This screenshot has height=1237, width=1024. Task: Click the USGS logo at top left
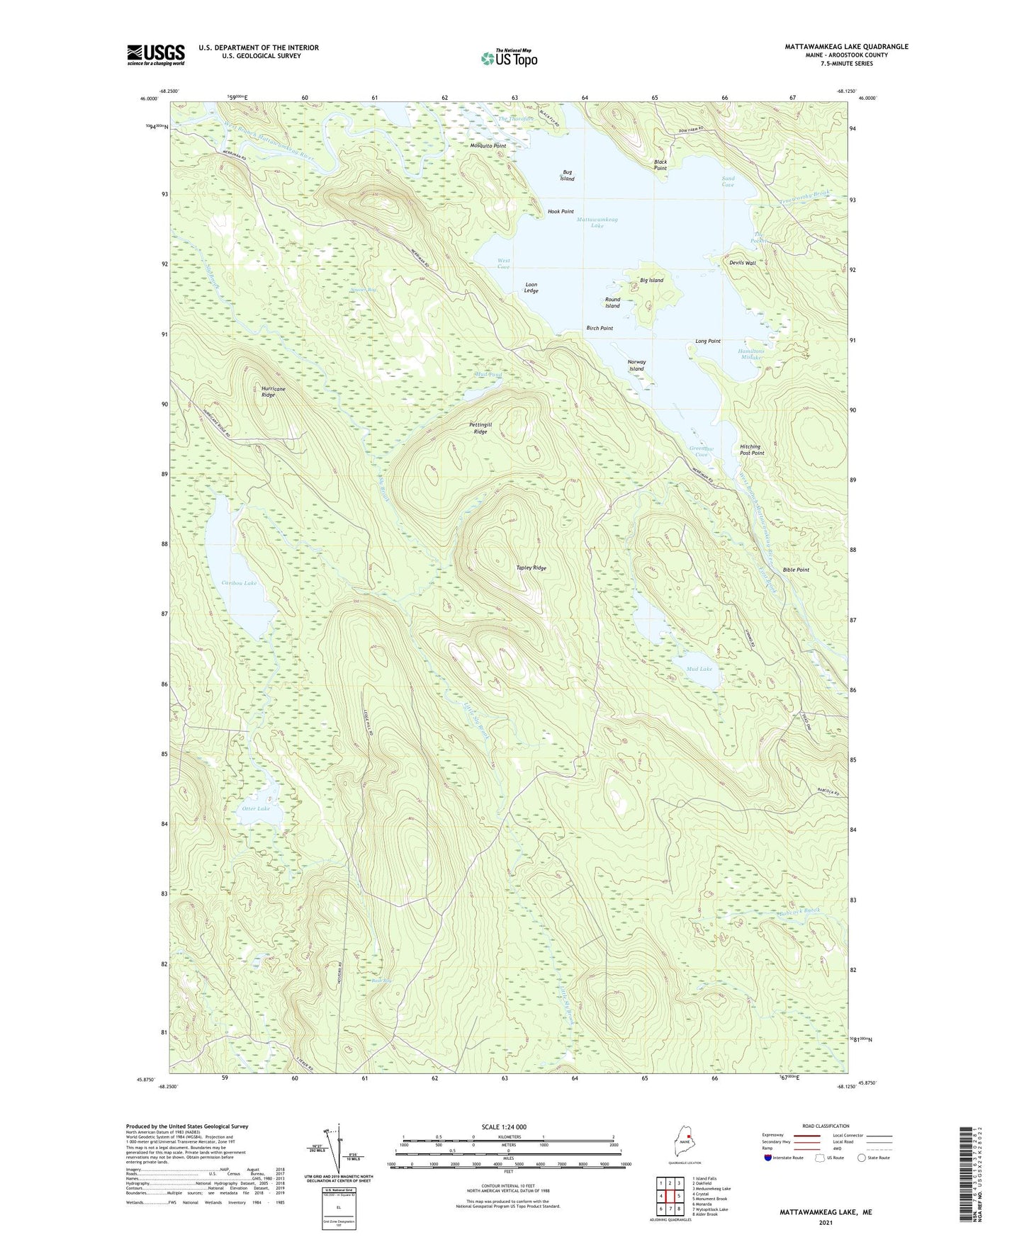[156, 55]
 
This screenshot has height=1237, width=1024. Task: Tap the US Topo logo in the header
[508, 57]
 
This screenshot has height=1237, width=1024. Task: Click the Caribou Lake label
[238, 582]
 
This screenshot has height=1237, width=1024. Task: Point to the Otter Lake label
[255, 808]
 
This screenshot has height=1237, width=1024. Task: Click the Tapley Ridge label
[531, 568]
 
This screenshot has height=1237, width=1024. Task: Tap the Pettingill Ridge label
[480, 428]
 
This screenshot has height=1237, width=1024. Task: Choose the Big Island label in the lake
[651, 281]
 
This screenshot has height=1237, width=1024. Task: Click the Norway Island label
[636, 366]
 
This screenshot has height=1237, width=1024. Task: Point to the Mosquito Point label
[488, 146]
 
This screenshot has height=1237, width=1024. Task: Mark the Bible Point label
[796, 570]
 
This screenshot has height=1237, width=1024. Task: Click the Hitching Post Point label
[751, 450]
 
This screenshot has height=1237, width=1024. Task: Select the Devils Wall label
[742, 263]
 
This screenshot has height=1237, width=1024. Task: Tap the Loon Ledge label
[531, 288]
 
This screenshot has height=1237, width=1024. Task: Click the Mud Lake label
[699, 669]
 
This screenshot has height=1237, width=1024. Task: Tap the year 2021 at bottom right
[825, 1223]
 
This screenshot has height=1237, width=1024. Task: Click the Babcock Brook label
[798, 911]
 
